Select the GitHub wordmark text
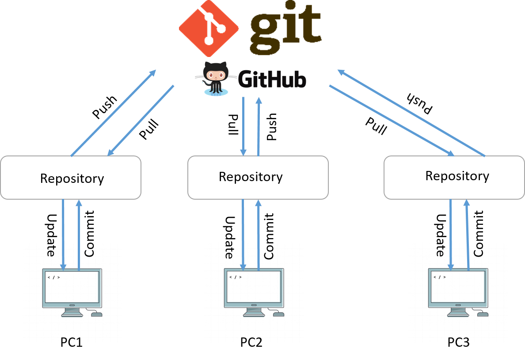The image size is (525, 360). tap(272, 80)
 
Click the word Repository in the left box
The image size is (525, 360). tap(72, 178)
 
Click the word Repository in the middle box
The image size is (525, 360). tap(251, 177)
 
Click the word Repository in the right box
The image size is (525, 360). tap(457, 176)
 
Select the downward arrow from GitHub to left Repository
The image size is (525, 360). tap(141, 120)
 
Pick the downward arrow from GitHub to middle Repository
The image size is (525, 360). tap(243, 126)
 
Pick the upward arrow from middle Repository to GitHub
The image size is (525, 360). tap(259, 126)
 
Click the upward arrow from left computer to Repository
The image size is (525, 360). tap(79, 234)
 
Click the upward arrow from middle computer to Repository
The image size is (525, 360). tap(259, 234)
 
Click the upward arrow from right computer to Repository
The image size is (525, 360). tap(467, 234)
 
